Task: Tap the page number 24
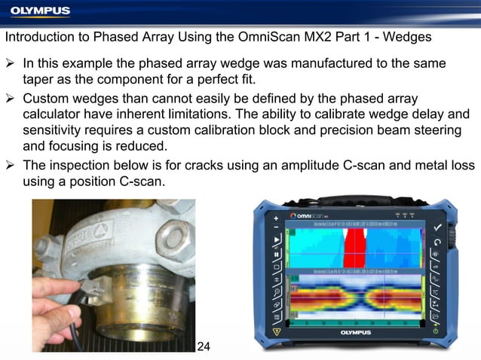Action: [203, 346]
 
